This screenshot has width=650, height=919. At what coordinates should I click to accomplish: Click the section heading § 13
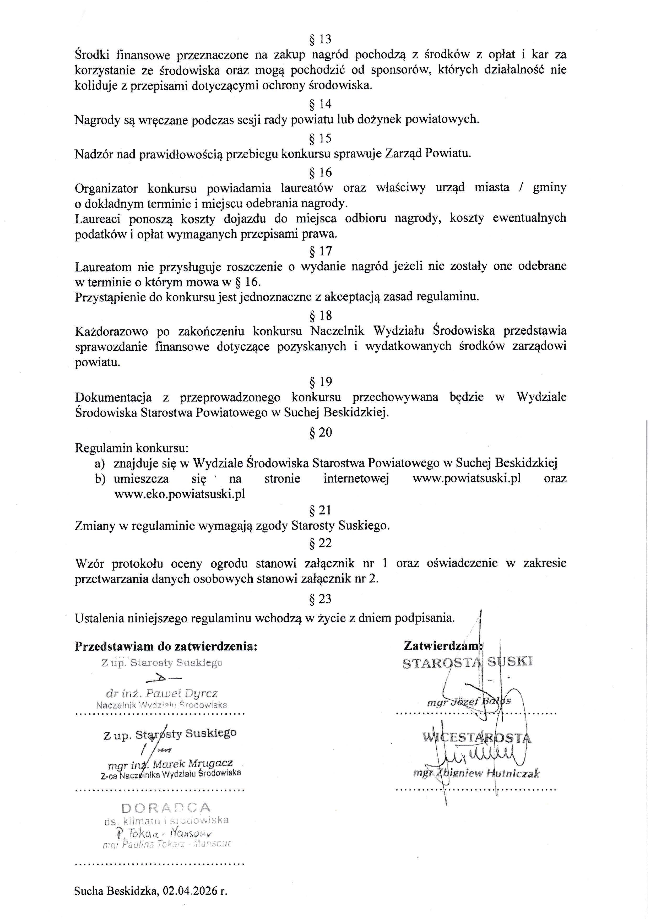tap(320, 39)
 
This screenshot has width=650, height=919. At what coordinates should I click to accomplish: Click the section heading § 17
tap(320, 251)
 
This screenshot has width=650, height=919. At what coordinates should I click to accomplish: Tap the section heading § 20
tap(320, 432)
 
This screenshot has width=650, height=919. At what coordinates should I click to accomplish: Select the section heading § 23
tap(320, 599)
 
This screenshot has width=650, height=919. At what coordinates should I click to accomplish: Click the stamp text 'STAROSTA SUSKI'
tap(468, 662)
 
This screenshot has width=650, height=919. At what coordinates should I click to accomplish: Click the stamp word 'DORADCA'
tap(166, 808)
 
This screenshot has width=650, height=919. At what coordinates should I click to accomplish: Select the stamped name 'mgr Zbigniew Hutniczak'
tap(476, 774)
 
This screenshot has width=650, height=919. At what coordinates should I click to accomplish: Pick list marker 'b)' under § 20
tap(100, 479)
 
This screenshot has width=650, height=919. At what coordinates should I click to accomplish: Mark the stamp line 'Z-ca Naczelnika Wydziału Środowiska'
tap(171, 774)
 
